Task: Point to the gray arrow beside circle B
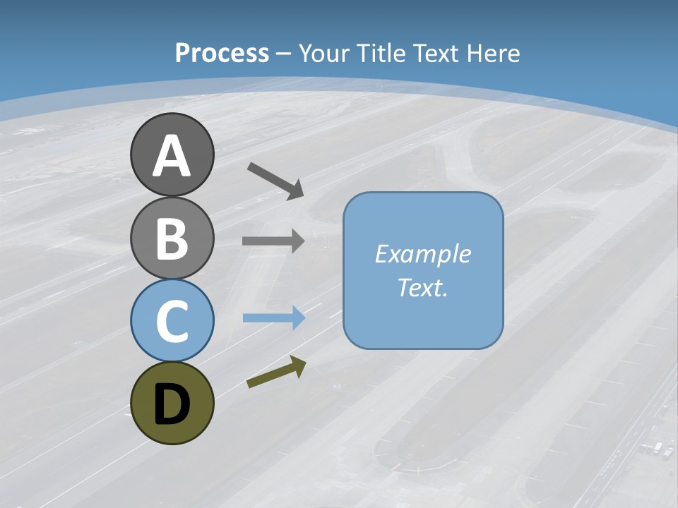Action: [x=273, y=241]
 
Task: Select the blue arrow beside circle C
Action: [x=273, y=318]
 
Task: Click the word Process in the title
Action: [x=222, y=54]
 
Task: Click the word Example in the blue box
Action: [x=423, y=254]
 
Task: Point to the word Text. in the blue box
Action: [x=423, y=288]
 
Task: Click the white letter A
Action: [x=172, y=157]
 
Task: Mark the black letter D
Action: [x=172, y=404]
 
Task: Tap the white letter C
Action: [x=172, y=322]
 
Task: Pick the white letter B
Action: [x=172, y=238]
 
